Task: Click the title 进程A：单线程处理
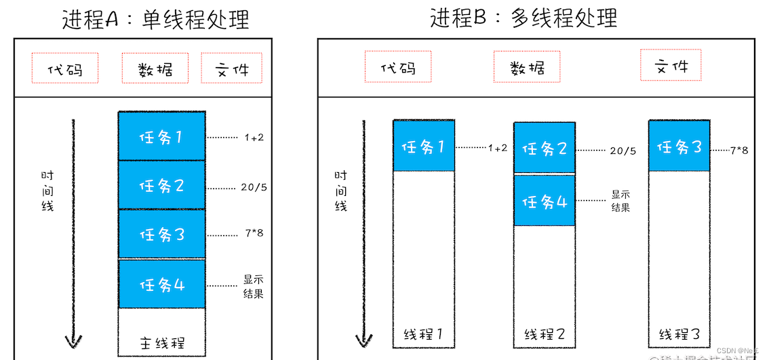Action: tap(155, 19)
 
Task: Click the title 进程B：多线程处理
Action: tap(524, 18)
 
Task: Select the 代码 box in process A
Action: tap(65, 68)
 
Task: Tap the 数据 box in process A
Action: tap(155, 68)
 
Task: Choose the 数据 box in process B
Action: tap(527, 67)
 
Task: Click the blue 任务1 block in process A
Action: tap(161, 136)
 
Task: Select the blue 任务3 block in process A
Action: tap(161, 235)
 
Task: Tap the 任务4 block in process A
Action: tap(161, 284)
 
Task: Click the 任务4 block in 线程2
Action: tap(545, 201)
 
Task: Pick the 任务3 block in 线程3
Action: tap(679, 146)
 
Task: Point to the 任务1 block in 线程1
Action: tap(424, 146)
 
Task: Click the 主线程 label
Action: tap(161, 342)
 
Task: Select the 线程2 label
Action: tap(545, 334)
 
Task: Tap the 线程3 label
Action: tap(679, 334)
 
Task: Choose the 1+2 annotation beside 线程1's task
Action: tap(498, 148)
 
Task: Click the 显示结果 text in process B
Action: tap(620, 201)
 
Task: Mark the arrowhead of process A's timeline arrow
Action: tap(73, 340)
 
